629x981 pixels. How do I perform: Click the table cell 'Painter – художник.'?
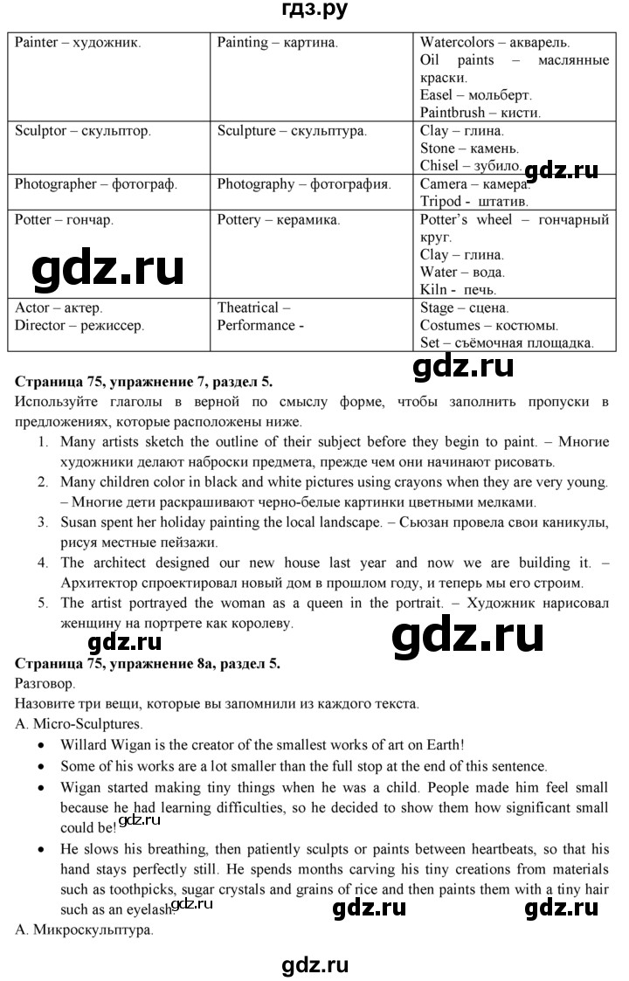tap(78, 42)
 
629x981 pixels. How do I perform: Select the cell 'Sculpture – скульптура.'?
tap(292, 131)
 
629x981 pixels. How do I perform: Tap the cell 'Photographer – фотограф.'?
tap(96, 184)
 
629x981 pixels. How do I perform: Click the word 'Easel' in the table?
tap(436, 94)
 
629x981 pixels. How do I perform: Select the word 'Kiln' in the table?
tap(432, 290)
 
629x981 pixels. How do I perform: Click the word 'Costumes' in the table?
tap(449, 325)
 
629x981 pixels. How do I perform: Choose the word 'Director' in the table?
tap(40, 325)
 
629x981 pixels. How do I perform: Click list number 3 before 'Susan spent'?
tap(42, 522)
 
